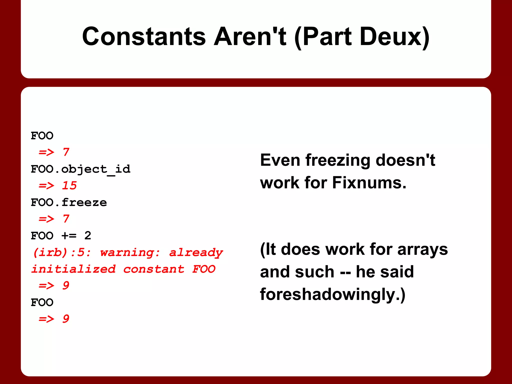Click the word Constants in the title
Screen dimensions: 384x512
pyautogui.click(x=144, y=37)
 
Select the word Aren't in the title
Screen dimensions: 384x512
pyautogui.click(x=250, y=37)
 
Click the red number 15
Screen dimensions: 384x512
pyautogui.click(x=69, y=185)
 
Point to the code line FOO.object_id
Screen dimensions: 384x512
pyautogui.click(x=80, y=169)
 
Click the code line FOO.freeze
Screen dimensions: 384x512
pyautogui.click(x=69, y=202)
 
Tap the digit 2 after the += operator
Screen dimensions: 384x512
pyautogui.click(x=88, y=235)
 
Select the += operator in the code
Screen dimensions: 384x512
pyautogui.click(x=69, y=235)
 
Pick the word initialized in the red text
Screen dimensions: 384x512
pyautogui.click(x=73, y=269)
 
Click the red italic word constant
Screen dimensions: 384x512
pyautogui.click(x=154, y=269)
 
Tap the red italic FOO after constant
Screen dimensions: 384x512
pyautogui.click(x=204, y=269)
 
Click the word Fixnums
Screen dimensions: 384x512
pyautogui.click(x=369, y=183)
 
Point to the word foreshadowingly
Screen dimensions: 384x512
pyautogui.click(x=332, y=294)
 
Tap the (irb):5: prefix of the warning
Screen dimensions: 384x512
pyautogui.click(x=62, y=252)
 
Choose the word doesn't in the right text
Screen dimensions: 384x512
pyautogui.click(x=405, y=160)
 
